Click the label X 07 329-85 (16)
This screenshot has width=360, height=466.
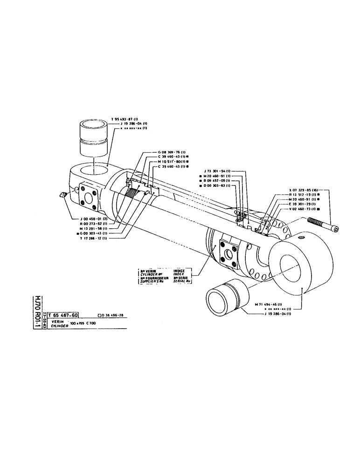(306, 190)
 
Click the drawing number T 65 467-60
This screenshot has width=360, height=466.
(63, 315)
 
